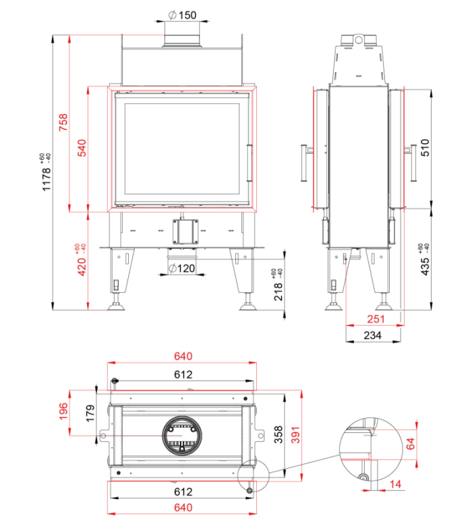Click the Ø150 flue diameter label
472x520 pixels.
(x=182, y=16)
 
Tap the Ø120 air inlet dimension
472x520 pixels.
(x=181, y=268)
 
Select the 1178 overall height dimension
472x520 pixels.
(x=47, y=179)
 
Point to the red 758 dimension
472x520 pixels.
(x=63, y=122)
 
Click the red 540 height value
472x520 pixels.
(x=82, y=148)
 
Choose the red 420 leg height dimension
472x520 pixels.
(x=82, y=267)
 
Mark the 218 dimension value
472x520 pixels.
(x=278, y=292)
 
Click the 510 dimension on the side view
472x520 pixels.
(x=425, y=148)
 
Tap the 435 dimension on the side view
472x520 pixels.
(x=425, y=266)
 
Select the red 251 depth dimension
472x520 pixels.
(x=376, y=319)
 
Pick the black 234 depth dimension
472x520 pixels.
(x=373, y=335)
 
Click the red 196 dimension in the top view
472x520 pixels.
(x=63, y=411)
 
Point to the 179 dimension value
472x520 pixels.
(x=90, y=413)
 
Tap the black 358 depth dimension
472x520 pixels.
(x=278, y=435)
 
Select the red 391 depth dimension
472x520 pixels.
(x=295, y=435)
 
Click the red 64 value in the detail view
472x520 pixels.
(x=411, y=444)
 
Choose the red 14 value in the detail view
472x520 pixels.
(x=395, y=484)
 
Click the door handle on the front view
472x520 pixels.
(x=249, y=163)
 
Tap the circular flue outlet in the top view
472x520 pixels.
(x=182, y=436)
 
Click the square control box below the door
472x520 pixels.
(x=185, y=231)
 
